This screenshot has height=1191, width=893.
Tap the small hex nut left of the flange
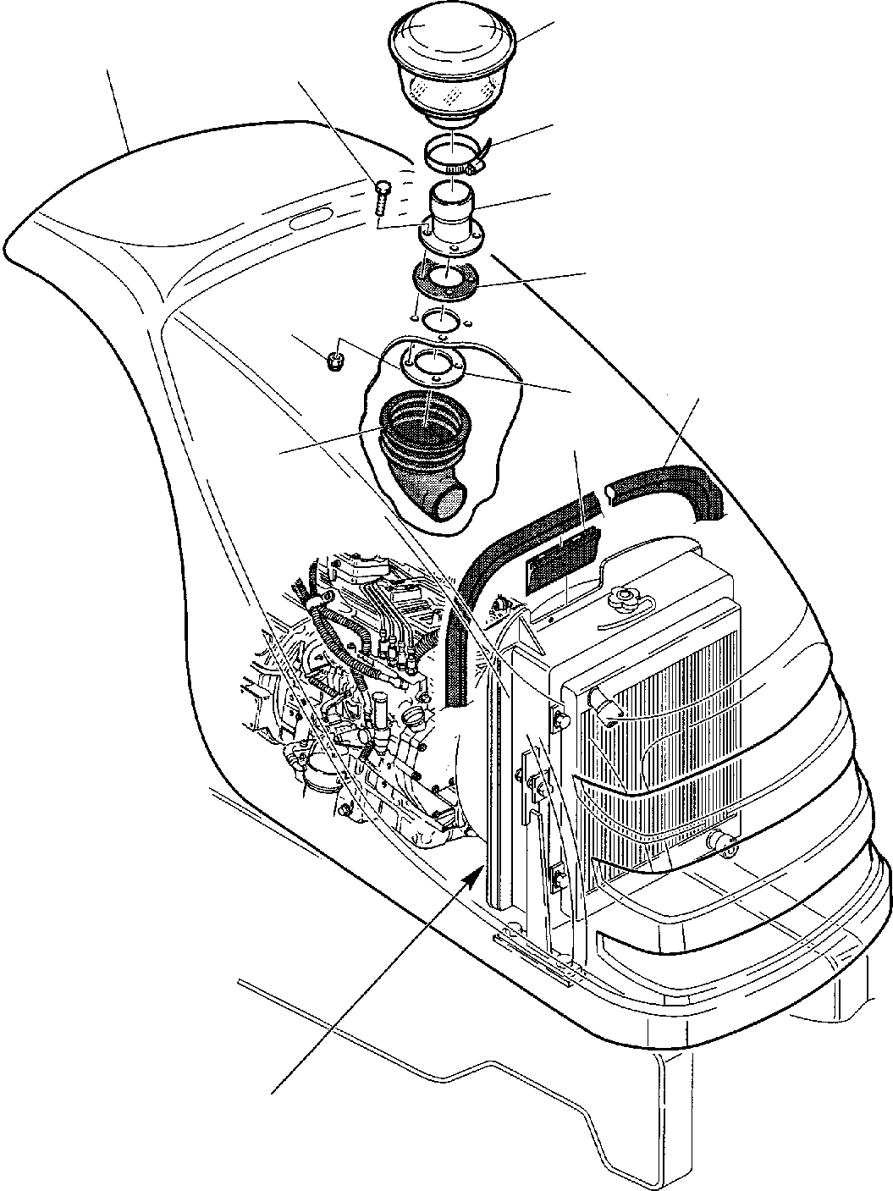pyautogui.click(x=335, y=363)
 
